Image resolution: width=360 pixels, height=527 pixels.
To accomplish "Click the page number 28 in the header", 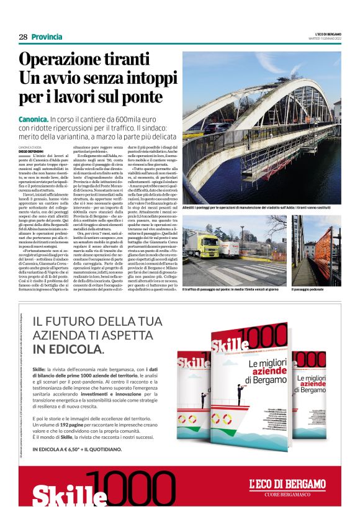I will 23,37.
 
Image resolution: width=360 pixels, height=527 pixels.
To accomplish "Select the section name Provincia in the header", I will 47,37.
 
